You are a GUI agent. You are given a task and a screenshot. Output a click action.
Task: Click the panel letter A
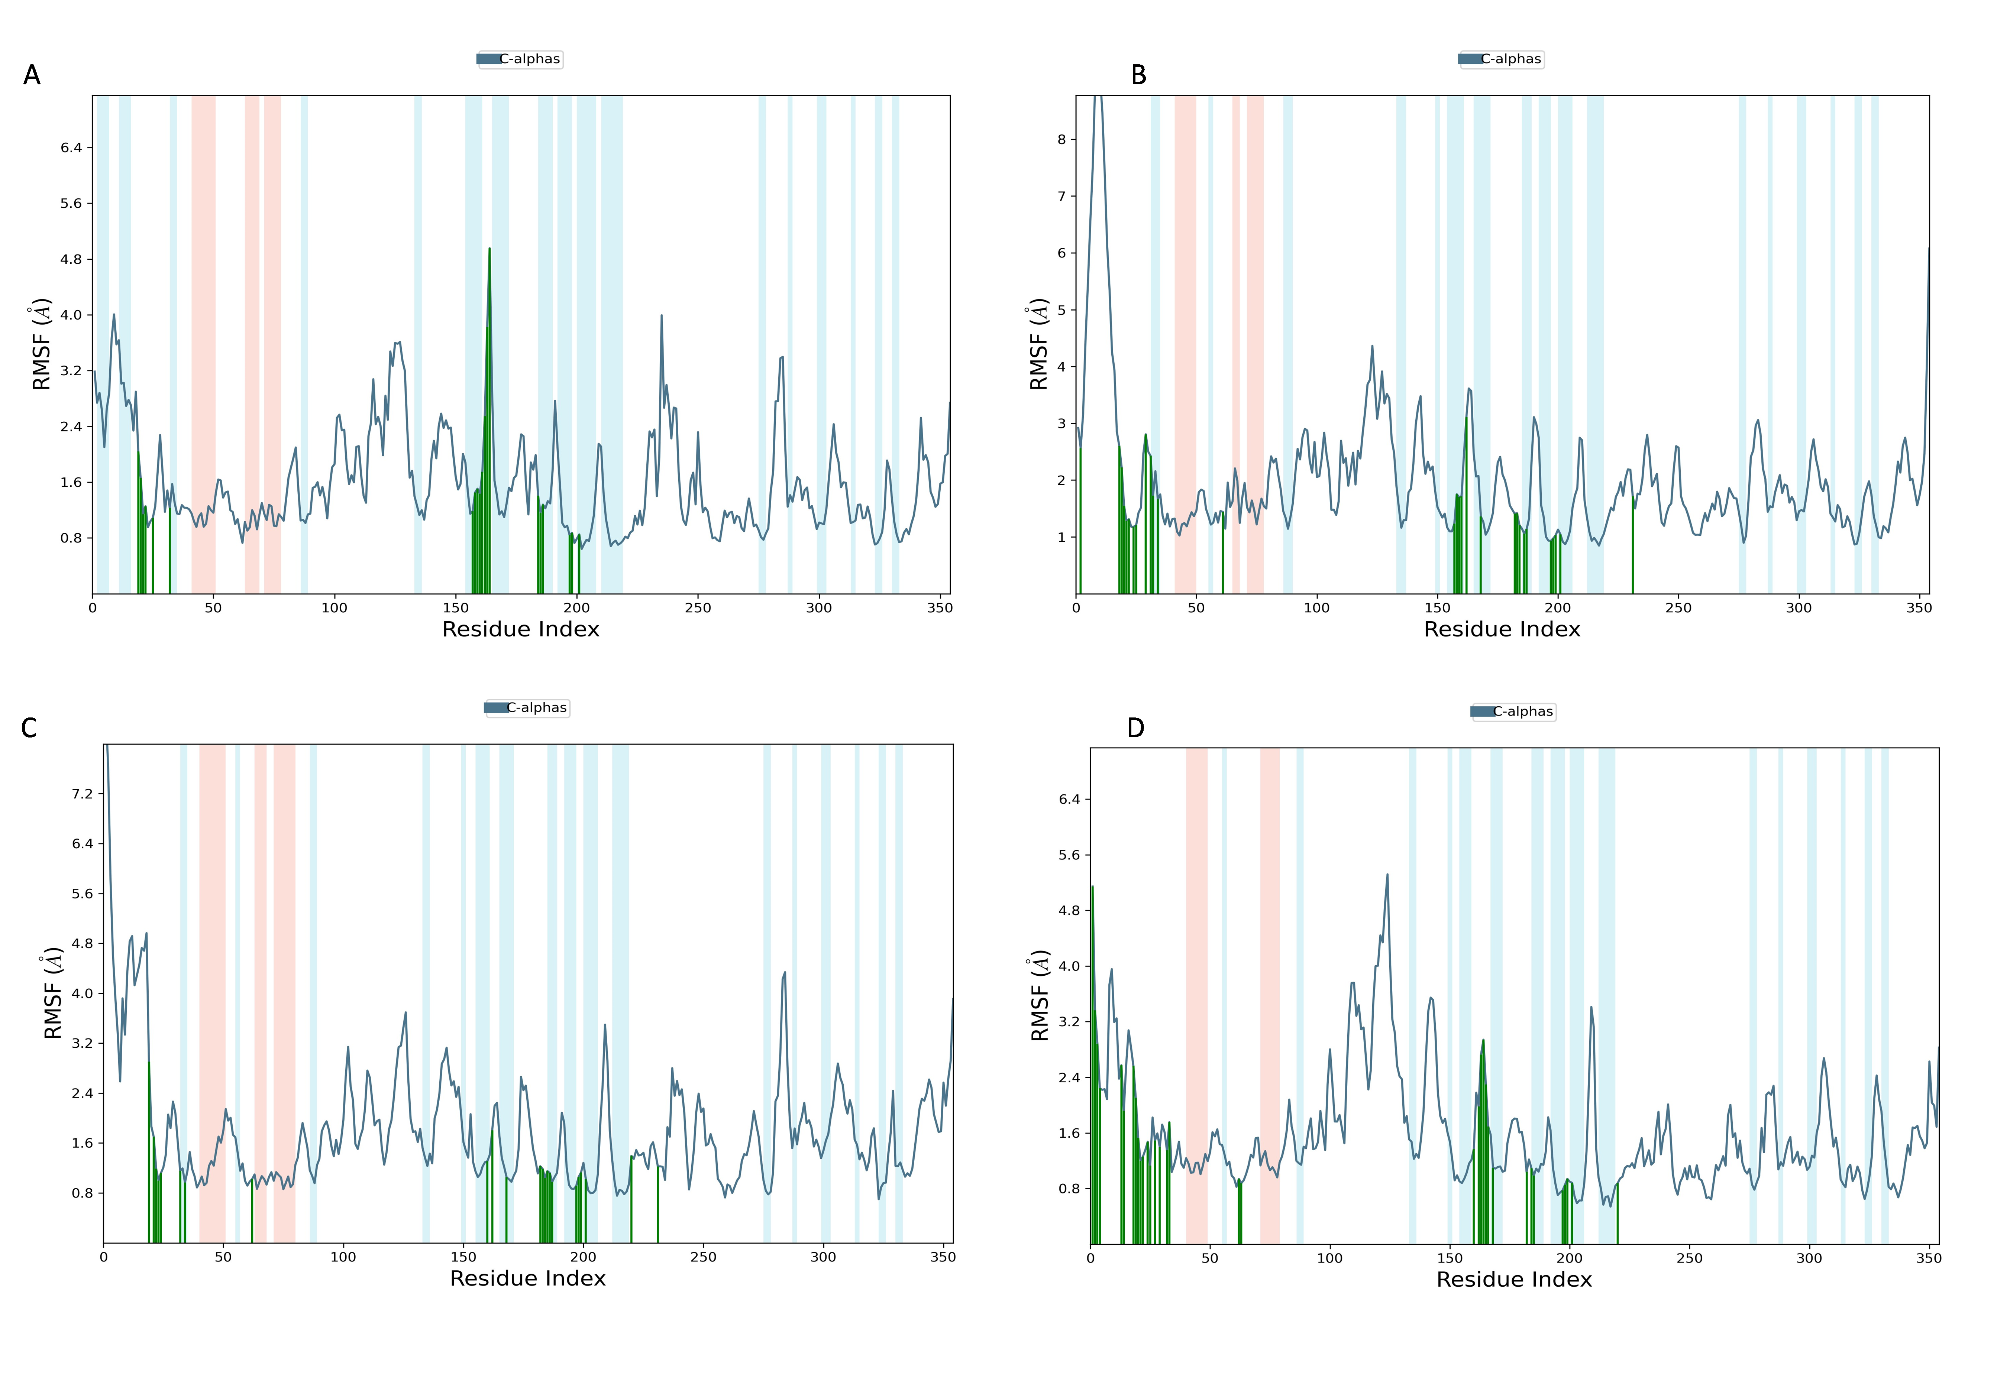(32, 75)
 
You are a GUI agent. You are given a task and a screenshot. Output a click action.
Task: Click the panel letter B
(1138, 75)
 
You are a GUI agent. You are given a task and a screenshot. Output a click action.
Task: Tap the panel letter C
(29, 729)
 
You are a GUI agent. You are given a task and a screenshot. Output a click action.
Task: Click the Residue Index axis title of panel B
(1502, 629)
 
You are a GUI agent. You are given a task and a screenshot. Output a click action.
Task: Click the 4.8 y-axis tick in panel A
(71, 259)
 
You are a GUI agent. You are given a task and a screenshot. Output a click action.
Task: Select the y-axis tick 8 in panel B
(1061, 140)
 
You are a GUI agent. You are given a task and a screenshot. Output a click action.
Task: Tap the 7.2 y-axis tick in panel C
(83, 794)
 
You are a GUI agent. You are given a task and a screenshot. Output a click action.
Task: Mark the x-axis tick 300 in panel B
(1798, 608)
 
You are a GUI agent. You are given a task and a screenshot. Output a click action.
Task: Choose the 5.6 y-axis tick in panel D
(1069, 855)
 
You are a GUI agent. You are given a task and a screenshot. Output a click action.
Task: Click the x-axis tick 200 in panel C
(583, 1257)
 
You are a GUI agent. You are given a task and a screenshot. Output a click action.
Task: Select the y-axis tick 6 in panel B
(1061, 253)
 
